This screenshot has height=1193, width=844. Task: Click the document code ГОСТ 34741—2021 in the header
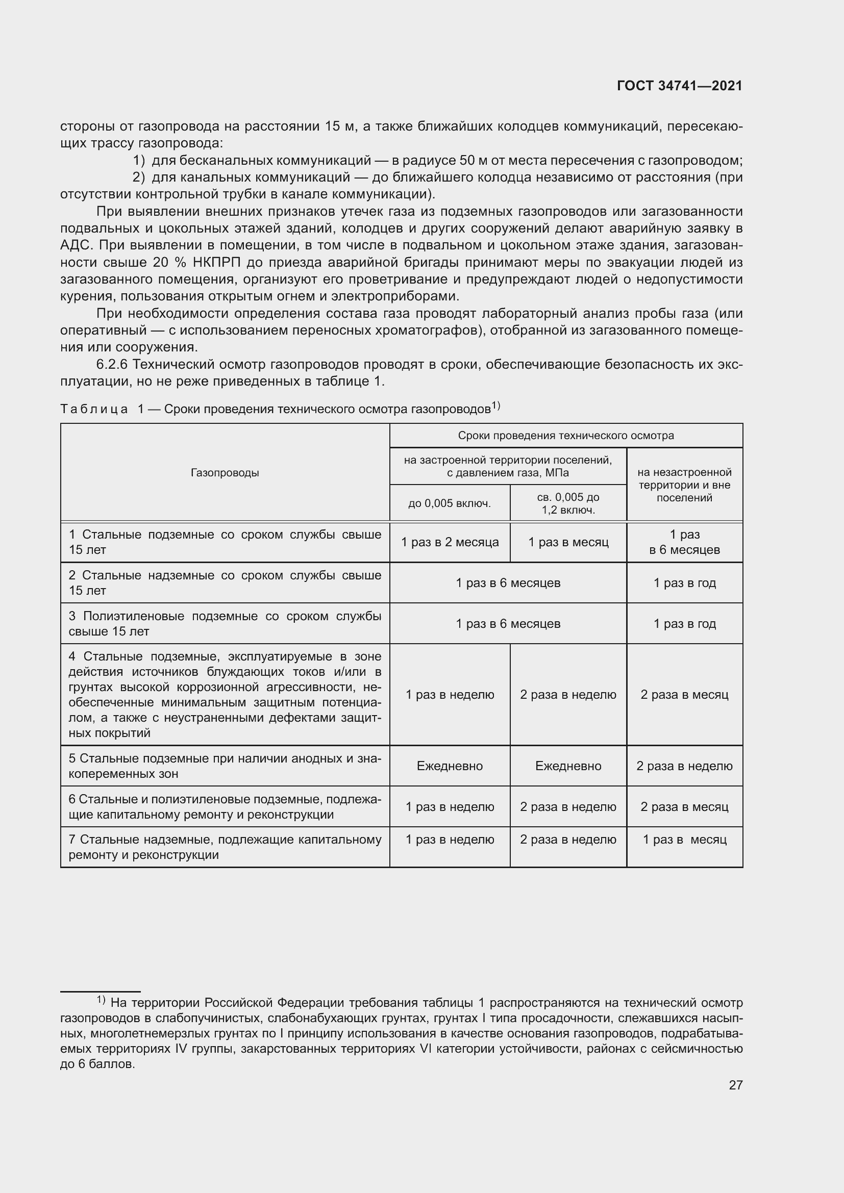tap(679, 86)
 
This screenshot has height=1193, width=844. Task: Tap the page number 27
tap(735, 1085)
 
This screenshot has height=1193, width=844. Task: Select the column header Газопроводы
tap(225, 473)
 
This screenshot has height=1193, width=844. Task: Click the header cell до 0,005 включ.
tap(450, 503)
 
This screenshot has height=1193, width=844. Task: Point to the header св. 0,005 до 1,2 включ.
tap(568, 503)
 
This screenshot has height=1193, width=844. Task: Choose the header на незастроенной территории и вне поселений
tap(684, 485)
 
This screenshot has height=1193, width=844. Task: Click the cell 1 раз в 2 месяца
tap(450, 542)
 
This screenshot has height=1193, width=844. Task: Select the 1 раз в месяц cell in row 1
tap(568, 542)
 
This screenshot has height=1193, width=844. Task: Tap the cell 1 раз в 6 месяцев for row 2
tap(508, 583)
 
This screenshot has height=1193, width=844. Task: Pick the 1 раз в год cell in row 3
tap(684, 623)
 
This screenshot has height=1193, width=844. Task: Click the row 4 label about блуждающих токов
tap(225, 695)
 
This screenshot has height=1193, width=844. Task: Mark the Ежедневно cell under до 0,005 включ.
tap(450, 766)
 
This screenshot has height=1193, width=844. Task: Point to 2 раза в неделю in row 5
tap(684, 766)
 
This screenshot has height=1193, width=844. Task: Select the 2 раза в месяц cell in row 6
tap(684, 806)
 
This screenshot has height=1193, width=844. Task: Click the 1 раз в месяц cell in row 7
tap(684, 840)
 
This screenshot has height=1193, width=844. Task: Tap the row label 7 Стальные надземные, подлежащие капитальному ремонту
tap(225, 847)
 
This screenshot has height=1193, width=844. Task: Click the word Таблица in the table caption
tap(94, 410)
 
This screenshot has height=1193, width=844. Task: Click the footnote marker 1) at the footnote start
tap(101, 1000)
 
